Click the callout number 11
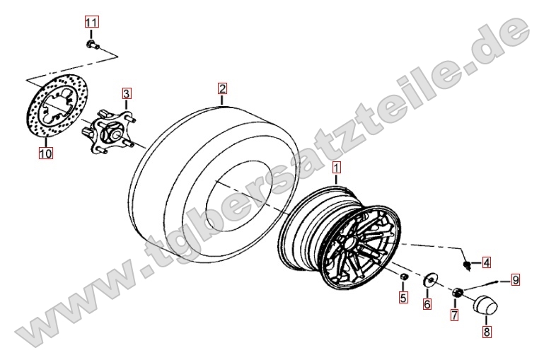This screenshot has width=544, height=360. click(x=91, y=23)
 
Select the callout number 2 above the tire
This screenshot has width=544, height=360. click(x=222, y=89)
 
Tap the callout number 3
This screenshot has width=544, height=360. click(x=127, y=93)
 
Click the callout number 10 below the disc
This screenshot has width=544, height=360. click(x=46, y=153)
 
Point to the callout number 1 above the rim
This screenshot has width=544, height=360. click(x=337, y=168)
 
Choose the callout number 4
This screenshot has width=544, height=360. click(x=487, y=263)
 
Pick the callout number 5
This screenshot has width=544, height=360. click(x=403, y=297)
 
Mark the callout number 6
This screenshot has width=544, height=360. click(x=427, y=304)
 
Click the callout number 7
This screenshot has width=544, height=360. click(x=454, y=315)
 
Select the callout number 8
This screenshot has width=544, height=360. click(x=487, y=332)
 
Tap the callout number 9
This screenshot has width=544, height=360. click(x=516, y=279)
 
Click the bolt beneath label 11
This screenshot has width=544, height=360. click(x=92, y=45)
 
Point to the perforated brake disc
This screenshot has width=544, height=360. click(x=57, y=107)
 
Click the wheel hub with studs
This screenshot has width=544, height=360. click(x=109, y=131)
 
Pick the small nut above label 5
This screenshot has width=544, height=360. click(x=403, y=277)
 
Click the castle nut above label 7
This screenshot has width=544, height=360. click(x=456, y=292)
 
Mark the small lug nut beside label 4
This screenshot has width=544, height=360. click(x=468, y=265)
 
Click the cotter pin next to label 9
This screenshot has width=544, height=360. click(x=481, y=285)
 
